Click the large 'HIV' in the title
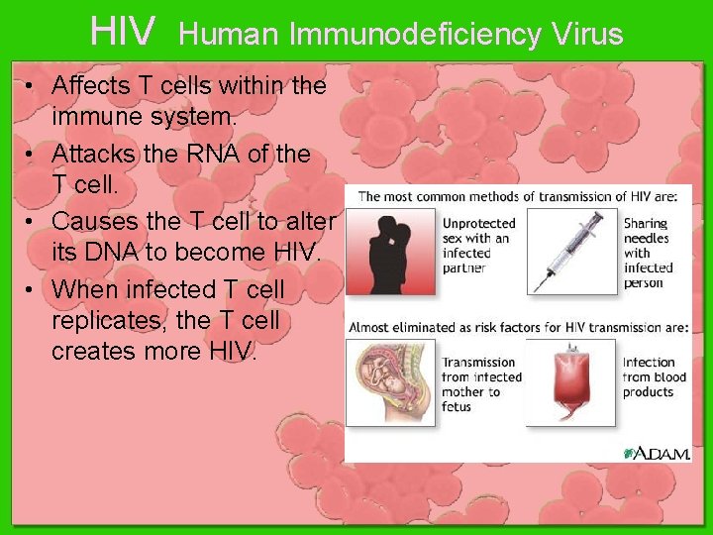pos(122,32)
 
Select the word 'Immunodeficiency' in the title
pos(416,35)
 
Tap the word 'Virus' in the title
pos(588,35)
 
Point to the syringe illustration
pos(568,251)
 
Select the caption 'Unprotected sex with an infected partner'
pos(480,246)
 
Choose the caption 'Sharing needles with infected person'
pos(649,253)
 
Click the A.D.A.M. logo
pos(657,453)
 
